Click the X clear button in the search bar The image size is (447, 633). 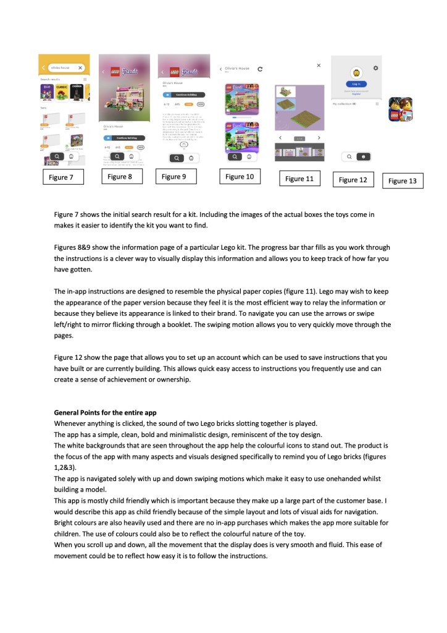[80, 67]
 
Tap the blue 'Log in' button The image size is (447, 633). [356, 84]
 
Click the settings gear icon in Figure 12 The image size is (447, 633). [376, 67]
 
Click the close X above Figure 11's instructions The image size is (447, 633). [319, 65]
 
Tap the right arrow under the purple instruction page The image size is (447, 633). [319, 137]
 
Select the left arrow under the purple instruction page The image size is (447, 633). [280, 137]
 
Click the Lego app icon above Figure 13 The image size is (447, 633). [400, 109]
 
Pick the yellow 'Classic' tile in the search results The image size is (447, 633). [62, 91]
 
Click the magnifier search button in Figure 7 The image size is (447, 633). [57, 157]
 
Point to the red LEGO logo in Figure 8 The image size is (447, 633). [115, 72]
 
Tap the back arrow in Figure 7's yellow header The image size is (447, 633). [43, 67]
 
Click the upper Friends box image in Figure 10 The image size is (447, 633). [237, 98]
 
